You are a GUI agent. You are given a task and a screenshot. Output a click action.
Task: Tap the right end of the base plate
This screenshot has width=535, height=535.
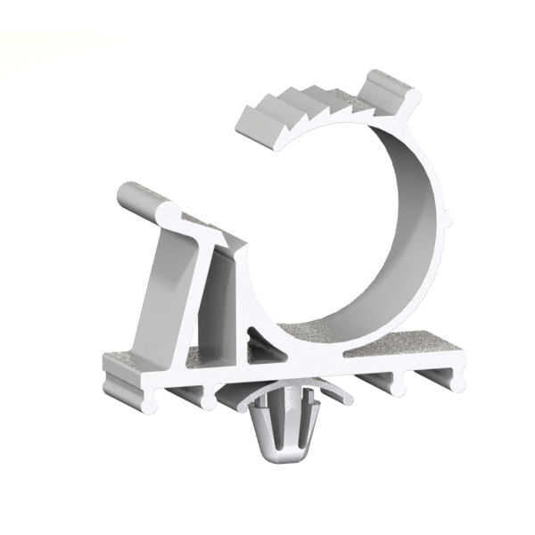click(x=455, y=374)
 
